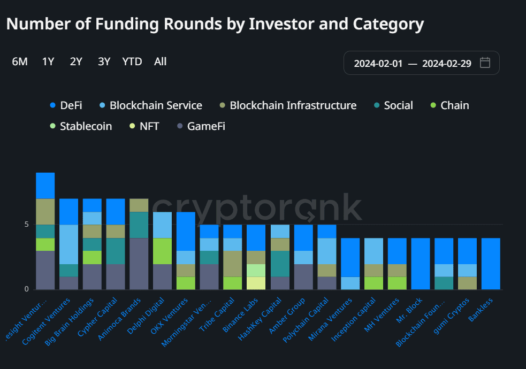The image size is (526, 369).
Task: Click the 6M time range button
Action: (20, 61)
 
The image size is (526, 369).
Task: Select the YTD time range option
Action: (132, 61)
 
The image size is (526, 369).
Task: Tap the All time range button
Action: (160, 61)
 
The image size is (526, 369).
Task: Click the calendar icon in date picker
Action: (485, 63)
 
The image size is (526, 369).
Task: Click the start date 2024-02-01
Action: (378, 63)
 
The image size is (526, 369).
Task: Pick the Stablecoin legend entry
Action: (80, 127)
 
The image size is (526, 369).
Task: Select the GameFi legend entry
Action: (200, 127)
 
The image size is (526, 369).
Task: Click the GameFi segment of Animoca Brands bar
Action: (139, 264)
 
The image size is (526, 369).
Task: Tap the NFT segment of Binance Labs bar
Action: (256, 283)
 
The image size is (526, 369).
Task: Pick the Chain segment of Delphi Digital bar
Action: (163, 251)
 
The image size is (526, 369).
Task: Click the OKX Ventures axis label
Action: (170, 317)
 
